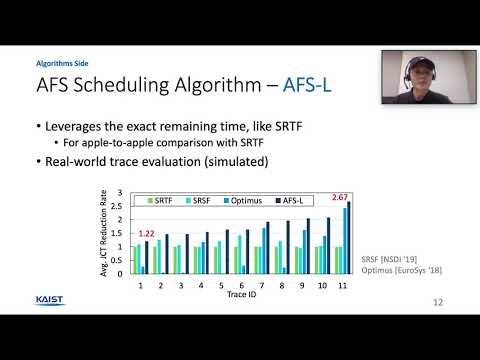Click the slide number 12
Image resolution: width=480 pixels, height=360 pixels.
coord(438,301)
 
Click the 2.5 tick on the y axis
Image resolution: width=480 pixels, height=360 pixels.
coord(121,206)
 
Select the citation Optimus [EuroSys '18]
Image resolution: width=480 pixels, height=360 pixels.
coord(401,270)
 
